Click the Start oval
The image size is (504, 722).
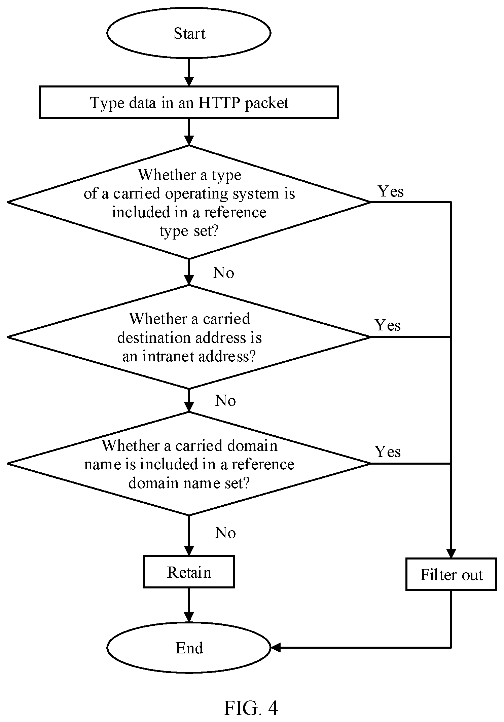click(189, 33)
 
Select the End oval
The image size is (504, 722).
click(189, 647)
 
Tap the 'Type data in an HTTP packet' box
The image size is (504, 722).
click(189, 102)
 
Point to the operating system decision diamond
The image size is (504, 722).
click(189, 202)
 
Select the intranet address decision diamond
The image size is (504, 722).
click(189, 337)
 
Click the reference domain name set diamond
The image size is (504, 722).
click(189, 464)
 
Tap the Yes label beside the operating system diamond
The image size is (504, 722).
click(391, 191)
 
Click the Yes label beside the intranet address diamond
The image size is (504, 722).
click(388, 325)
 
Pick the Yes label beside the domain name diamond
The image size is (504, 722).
click(388, 452)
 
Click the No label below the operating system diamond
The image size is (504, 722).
click(224, 273)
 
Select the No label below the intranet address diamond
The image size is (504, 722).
click(225, 401)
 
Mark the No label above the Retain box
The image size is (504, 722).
click(225, 533)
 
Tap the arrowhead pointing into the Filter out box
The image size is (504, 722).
click(451, 553)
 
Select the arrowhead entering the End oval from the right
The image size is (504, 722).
click(276, 647)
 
